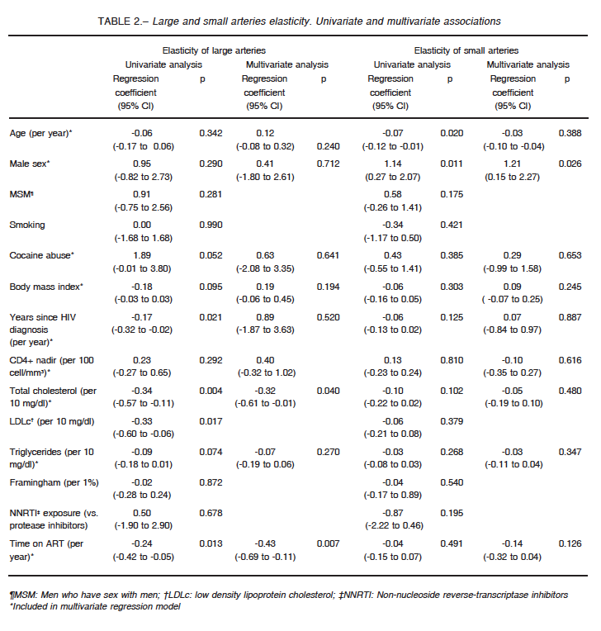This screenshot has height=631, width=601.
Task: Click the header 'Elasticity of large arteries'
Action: click(x=214, y=50)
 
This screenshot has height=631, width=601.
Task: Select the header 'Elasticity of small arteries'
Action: click(x=466, y=50)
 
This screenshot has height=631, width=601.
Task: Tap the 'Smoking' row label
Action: click(x=27, y=225)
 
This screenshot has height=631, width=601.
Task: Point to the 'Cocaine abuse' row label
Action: click(x=41, y=255)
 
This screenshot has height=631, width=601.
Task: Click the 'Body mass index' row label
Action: click(x=46, y=287)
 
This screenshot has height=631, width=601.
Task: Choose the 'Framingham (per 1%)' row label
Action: click(x=54, y=482)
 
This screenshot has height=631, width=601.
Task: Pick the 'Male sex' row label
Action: click(x=30, y=164)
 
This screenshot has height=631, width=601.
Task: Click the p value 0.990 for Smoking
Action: click(x=211, y=225)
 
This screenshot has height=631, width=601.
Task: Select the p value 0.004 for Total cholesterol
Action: click(x=211, y=391)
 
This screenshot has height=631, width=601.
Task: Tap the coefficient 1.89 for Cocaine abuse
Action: click(x=142, y=255)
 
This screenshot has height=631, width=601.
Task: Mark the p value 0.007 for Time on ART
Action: click(x=329, y=543)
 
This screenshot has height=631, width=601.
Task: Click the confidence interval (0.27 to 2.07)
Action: click(x=393, y=177)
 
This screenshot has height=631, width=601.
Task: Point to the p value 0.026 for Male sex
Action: click(x=570, y=164)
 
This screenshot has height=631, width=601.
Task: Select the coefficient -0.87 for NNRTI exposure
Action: click(x=393, y=513)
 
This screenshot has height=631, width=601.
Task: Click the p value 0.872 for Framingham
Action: click(x=211, y=482)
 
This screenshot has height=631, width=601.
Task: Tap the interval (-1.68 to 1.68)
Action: click(x=143, y=238)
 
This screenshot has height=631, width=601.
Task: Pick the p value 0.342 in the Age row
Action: click(x=211, y=133)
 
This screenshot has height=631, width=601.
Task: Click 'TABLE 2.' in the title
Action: click(x=120, y=21)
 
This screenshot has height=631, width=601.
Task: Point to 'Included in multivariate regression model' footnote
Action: click(x=95, y=606)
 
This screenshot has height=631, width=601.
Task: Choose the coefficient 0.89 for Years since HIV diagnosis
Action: click(x=265, y=317)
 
